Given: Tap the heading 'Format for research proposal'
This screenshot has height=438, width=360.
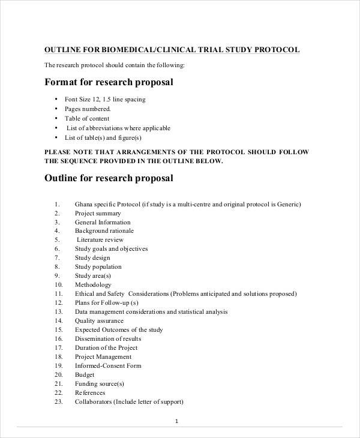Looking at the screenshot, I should (109, 82).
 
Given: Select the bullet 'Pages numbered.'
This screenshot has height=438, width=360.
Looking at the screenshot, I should (88, 109).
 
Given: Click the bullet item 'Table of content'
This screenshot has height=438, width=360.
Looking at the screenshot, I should (87, 119).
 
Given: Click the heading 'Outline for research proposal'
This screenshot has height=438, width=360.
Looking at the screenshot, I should (109, 178).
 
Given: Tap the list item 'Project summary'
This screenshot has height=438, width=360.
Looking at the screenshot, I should (98, 213).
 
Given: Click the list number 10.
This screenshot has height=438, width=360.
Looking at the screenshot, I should (58, 284).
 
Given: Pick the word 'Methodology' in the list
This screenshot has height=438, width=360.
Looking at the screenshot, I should (93, 284).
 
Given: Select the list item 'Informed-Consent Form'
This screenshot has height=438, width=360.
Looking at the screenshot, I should (107, 365).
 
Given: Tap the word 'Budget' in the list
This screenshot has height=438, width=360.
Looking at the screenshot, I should (85, 374).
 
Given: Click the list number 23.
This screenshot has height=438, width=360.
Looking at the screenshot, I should (58, 401).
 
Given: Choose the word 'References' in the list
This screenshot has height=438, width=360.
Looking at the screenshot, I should (90, 392).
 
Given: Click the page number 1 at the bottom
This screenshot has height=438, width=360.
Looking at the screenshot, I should (176, 421).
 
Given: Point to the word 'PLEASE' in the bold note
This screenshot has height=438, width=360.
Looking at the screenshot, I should (58, 152).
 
